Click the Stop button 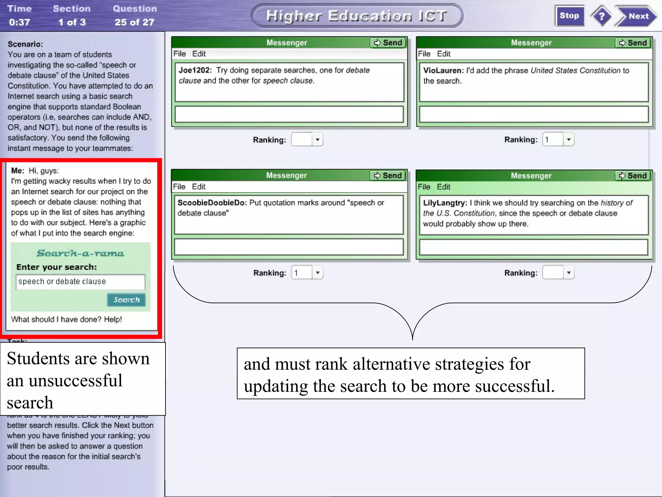tap(569, 16)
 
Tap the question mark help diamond tap(601, 16)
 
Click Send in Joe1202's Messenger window tap(388, 43)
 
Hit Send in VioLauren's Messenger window tap(633, 43)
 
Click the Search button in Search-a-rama tap(126, 300)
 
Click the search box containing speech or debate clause tap(80, 282)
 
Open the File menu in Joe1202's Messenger tap(179, 54)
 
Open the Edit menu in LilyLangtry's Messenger tap(443, 187)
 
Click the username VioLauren tap(443, 71)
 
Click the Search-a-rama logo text tap(80, 253)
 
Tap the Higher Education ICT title tap(357, 16)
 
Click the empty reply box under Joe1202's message tap(289, 114)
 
